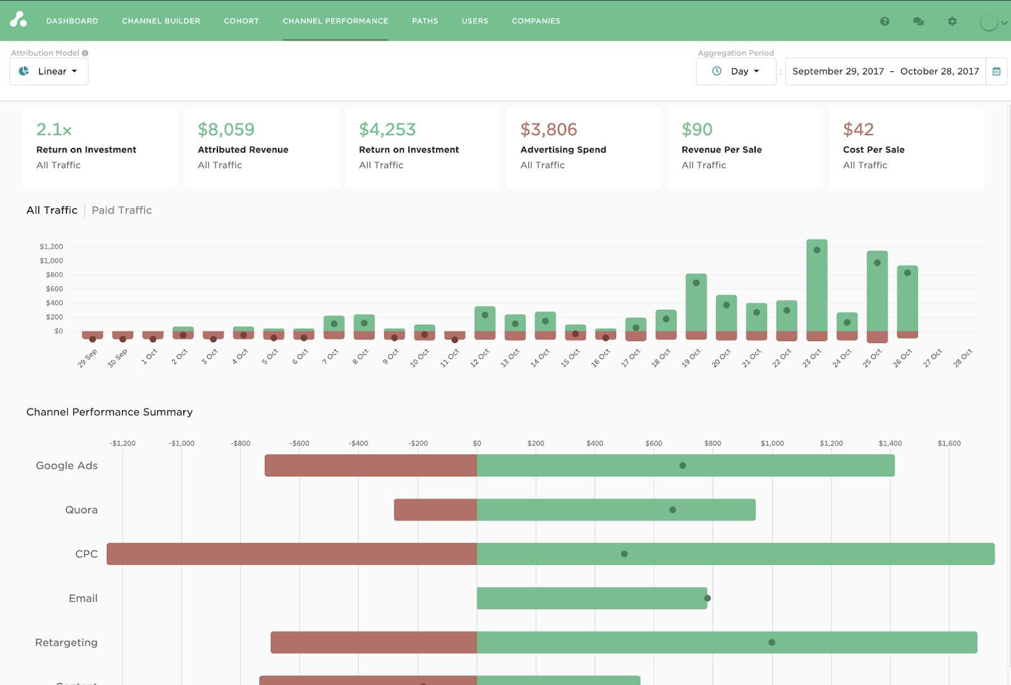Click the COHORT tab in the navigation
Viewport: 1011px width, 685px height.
click(241, 21)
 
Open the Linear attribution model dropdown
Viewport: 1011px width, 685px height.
click(49, 71)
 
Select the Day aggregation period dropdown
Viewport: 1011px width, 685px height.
click(736, 71)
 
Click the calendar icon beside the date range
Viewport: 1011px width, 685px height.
click(996, 71)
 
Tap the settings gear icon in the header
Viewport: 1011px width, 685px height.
click(952, 21)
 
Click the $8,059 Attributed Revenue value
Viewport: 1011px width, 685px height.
click(226, 130)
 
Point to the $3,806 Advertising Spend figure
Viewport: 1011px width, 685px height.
click(548, 130)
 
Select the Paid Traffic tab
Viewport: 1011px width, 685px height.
click(122, 210)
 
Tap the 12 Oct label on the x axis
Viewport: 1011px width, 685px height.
click(480, 358)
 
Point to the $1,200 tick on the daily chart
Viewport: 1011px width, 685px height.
click(51, 246)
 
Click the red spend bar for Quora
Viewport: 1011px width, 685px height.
click(435, 510)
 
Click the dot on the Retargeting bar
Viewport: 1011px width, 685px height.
click(772, 643)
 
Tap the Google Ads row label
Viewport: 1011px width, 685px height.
click(67, 466)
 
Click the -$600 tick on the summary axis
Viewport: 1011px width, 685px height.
click(300, 444)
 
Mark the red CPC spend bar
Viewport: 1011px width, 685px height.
click(291, 554)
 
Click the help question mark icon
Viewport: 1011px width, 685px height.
click(885, 21)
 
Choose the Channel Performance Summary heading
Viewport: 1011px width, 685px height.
click(109, 412)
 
